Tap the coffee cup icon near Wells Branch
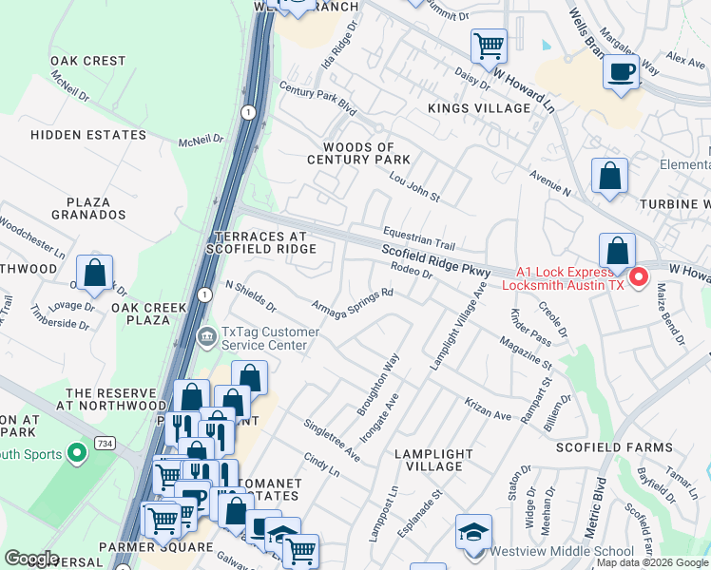(x=622, y=72)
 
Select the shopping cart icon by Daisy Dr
(x=489, y=44)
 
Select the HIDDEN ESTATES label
(x=88, y=135)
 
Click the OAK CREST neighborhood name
(x=88, y=61)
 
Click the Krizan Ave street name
(x=489, y=409)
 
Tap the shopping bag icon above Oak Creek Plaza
(x=95, y=274)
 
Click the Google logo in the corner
(x=32, y=559)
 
